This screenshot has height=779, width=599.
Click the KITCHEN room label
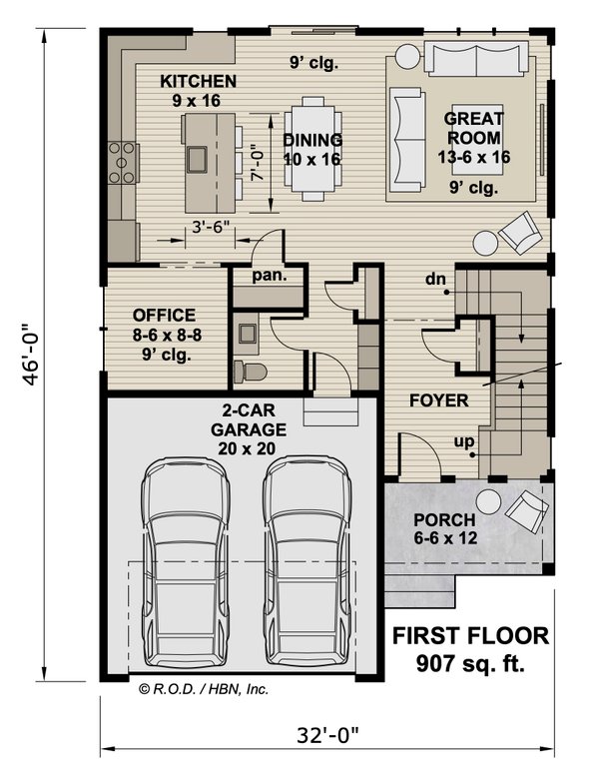(198, 81)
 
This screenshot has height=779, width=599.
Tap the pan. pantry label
(265, 274)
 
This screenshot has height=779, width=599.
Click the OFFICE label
(163, 316)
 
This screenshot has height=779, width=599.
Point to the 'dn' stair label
(434, 278)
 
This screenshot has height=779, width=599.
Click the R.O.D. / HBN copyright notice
(204, 688)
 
